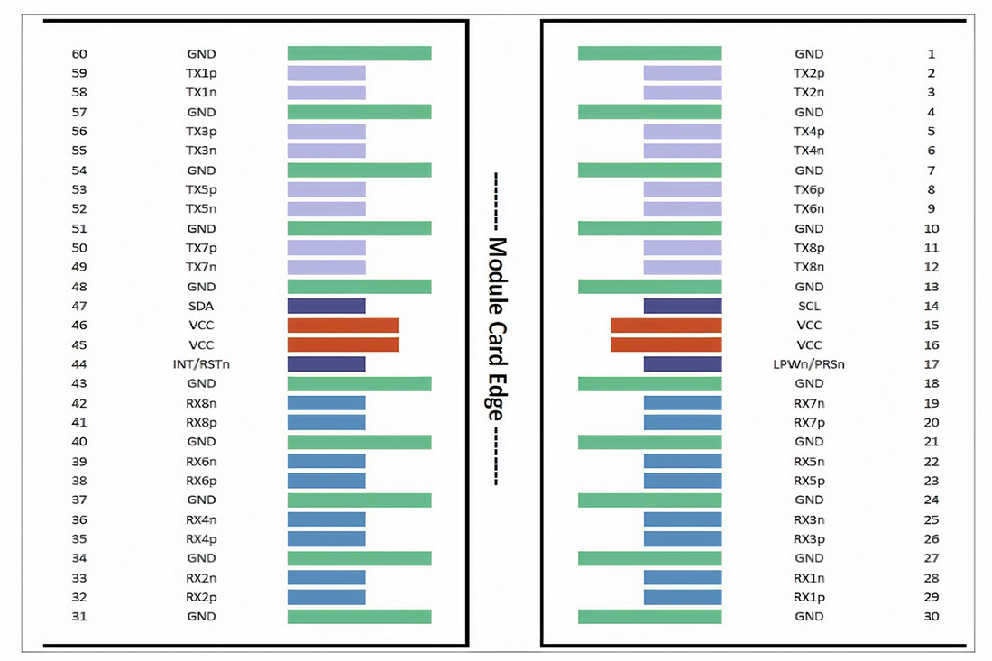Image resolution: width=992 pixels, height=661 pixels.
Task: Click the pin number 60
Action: pos(79,54)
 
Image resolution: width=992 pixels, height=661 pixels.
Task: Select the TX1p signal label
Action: pos(201,73)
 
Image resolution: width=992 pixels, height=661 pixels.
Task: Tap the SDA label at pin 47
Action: pos(201,306)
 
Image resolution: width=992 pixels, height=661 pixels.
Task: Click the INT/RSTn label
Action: pos(201,364)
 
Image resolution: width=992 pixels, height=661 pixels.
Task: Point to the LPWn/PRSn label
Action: pos(809,364)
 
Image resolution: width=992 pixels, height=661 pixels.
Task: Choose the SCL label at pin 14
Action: pos(809,306)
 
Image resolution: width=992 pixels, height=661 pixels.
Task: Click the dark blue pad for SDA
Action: pos(326,306)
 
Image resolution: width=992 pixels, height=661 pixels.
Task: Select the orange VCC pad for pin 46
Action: pos(343,326)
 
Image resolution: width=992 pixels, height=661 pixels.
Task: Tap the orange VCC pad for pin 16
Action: pos(666,344)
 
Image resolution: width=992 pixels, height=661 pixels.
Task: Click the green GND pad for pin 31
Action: pos(359,617)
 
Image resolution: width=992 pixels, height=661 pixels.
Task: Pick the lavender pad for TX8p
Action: pos(683,248)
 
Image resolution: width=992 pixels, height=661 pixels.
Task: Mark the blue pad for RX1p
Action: pos(683,597)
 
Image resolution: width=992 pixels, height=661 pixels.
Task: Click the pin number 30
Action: pos(932,617)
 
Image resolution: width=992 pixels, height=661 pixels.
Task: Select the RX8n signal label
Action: pos(201,403)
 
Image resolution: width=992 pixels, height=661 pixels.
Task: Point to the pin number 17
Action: pos(932,364)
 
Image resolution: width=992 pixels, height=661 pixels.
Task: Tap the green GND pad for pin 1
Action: pos(649,54)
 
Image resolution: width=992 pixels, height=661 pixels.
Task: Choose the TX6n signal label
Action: pos(809,209)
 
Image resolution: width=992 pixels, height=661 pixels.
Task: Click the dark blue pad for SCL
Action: pos(683,306)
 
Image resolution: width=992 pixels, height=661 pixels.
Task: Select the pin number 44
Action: pos(79,364)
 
